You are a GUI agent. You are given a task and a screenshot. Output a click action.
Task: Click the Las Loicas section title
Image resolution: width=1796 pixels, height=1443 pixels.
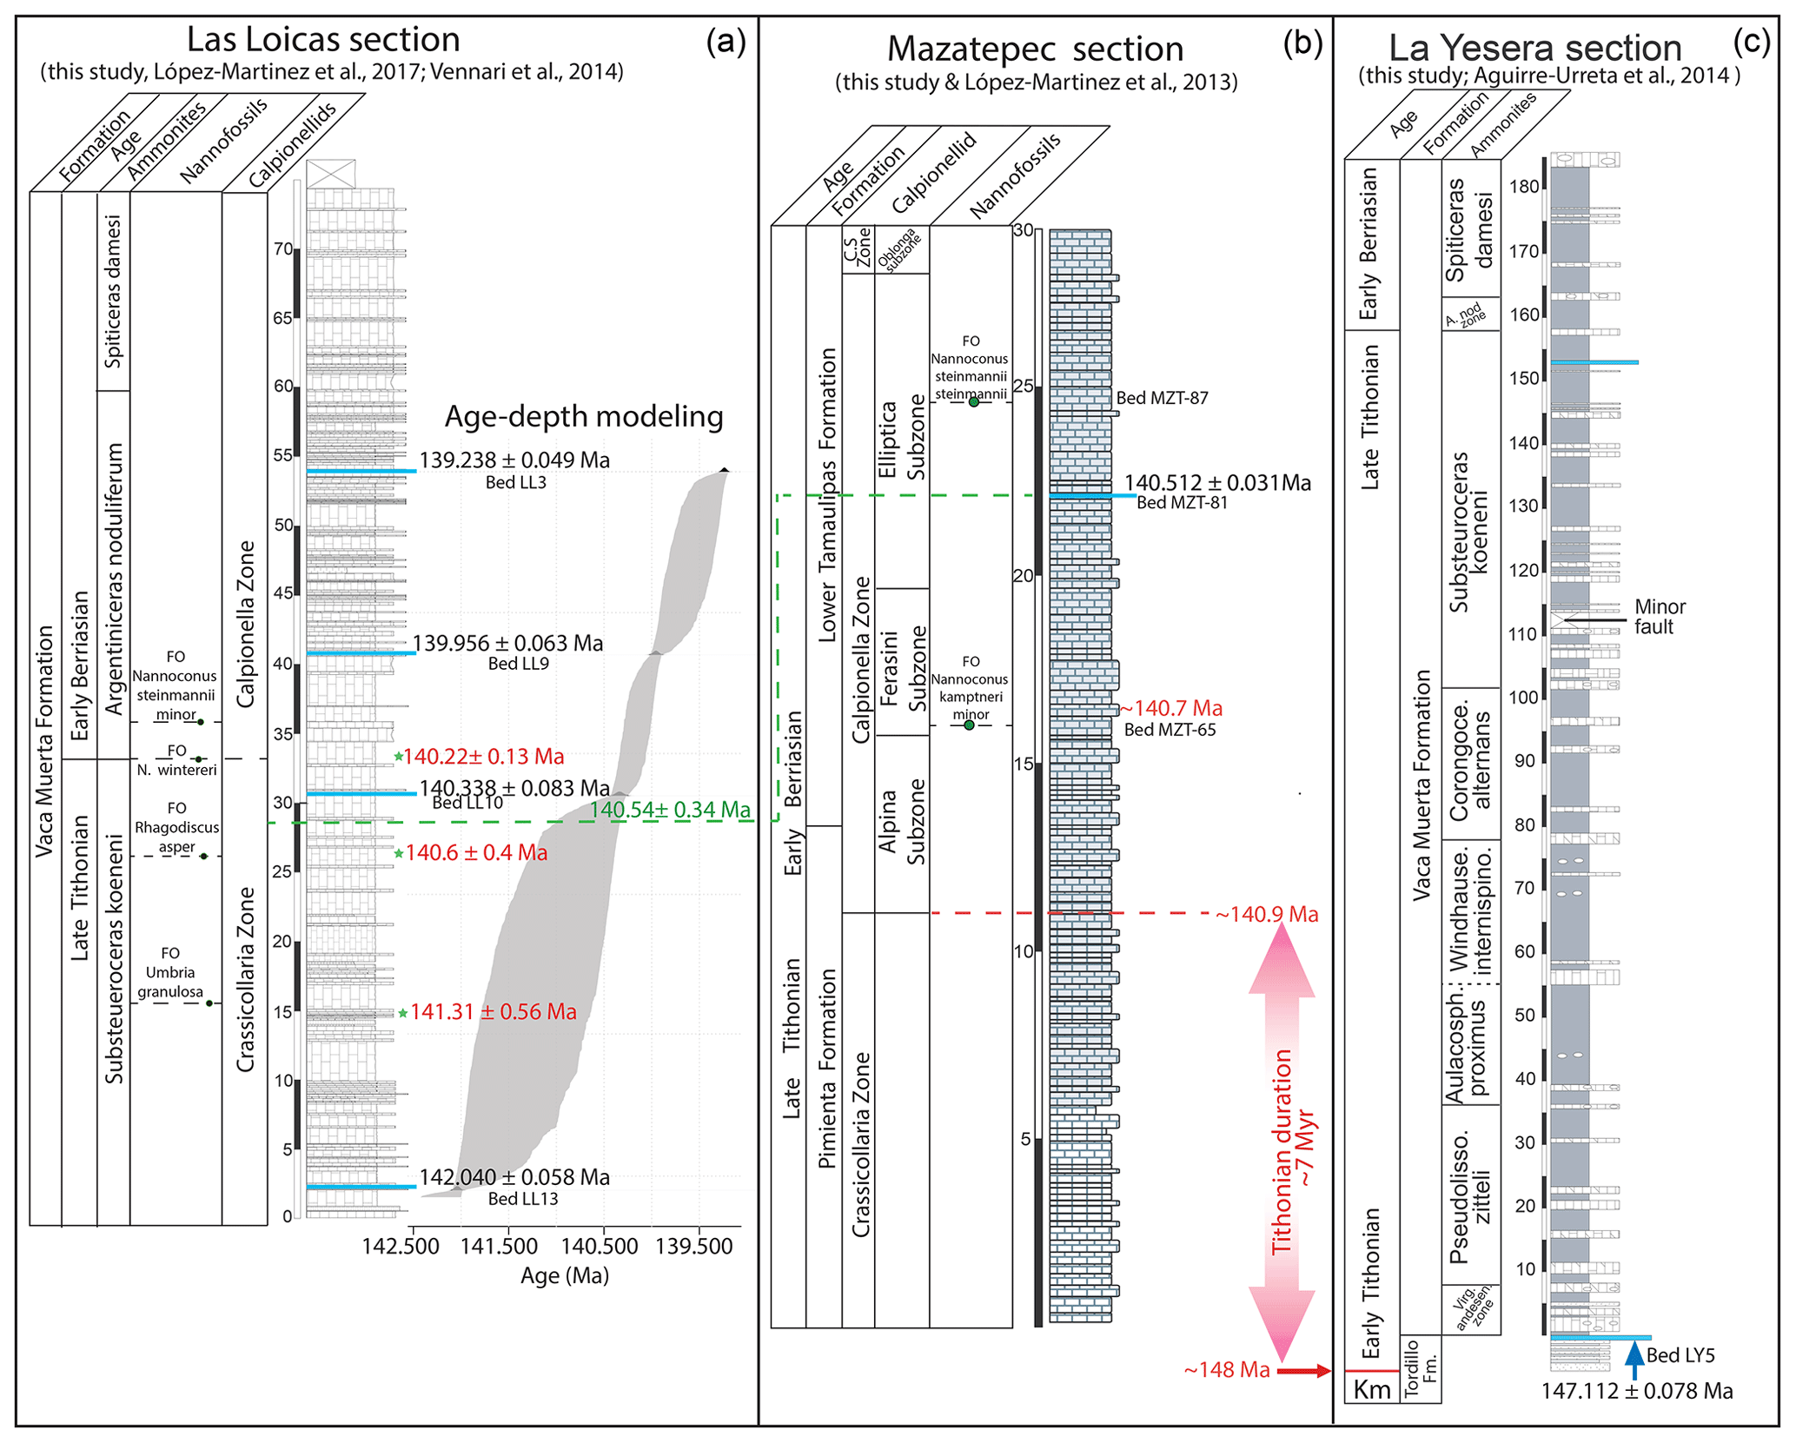323,41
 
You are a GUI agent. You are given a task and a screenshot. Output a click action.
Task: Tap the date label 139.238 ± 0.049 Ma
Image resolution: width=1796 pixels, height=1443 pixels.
514,460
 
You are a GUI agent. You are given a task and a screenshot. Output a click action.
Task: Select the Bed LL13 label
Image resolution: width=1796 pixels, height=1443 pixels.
522,1199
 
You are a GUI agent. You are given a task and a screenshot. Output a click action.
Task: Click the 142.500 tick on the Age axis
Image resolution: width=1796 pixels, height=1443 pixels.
401,1246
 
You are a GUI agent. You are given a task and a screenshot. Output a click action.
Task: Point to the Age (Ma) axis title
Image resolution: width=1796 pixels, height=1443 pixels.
564,1275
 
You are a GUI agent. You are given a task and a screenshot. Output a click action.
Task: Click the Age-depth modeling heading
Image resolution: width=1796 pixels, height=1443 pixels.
583,417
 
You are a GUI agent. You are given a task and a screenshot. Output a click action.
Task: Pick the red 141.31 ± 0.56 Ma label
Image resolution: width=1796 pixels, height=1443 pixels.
493,1012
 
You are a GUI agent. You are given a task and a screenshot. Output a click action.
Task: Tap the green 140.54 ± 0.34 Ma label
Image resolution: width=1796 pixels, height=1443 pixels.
670,811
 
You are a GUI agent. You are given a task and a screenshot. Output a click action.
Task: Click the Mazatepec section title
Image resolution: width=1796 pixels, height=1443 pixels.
1035,50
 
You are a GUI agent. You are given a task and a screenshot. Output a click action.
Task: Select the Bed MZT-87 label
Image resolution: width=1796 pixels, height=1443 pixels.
1162,399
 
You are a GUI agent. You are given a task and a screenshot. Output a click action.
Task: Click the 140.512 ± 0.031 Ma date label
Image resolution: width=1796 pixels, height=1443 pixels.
1217,483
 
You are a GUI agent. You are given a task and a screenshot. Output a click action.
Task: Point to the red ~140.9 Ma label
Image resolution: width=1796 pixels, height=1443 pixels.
1267,915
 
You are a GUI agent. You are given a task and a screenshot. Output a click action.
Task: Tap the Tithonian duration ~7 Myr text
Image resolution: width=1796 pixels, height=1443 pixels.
1294,1152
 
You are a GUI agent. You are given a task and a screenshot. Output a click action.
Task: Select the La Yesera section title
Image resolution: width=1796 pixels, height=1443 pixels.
1534,48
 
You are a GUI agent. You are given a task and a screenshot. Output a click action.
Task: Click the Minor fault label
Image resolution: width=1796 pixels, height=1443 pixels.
1660,617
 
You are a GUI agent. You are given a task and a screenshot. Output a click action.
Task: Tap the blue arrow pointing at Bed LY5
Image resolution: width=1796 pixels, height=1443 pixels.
1634,1359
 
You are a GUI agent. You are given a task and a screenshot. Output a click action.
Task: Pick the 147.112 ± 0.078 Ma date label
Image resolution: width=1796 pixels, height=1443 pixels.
1636,1392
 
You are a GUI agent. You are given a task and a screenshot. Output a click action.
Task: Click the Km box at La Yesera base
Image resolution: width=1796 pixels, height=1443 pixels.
1372,1389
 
